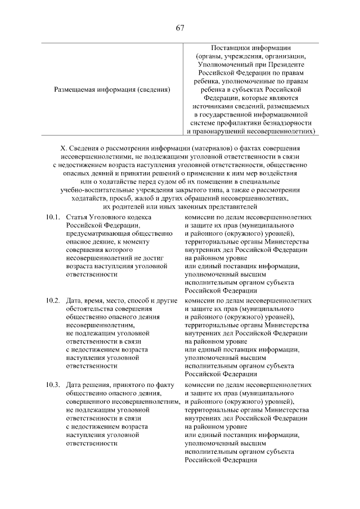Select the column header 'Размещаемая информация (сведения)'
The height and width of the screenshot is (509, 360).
point(112,89)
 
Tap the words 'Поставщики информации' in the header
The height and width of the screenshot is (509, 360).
point(250,48)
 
